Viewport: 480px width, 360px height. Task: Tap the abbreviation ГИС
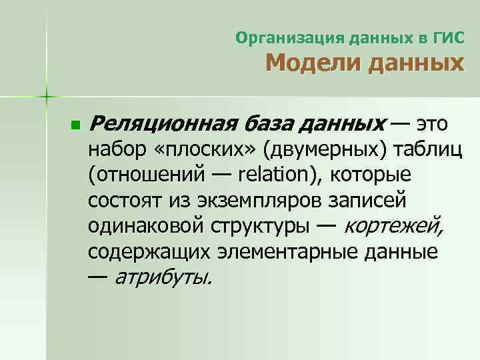click(x=449, y=38)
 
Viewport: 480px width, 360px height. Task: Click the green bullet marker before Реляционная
click(x=75, y=125)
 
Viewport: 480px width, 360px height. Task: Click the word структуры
click(x=259, y=226)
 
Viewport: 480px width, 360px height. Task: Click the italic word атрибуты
click(x=163, y=276)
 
